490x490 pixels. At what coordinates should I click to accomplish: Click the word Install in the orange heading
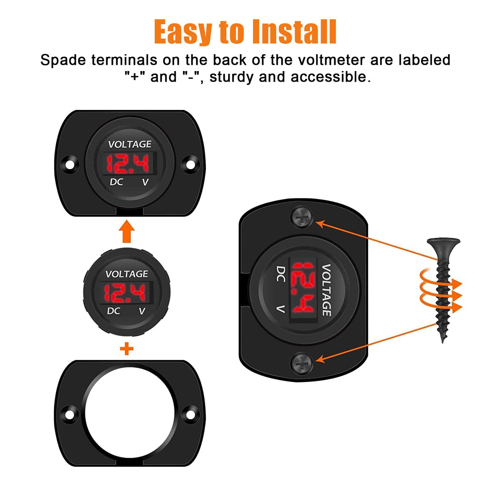[295, 32]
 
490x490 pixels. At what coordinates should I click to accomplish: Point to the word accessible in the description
[330, 77]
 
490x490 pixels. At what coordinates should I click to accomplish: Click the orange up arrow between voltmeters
[127, 231]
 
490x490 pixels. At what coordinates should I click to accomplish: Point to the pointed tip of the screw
[443, 342]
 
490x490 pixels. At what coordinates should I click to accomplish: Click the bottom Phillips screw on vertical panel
[302, 363]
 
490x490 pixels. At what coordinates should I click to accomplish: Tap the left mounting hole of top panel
[69, 165]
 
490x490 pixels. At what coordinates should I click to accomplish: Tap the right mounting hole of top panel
[190, 165]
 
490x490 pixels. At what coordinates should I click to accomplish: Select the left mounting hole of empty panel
[69, 415]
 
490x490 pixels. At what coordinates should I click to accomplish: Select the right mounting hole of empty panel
[190, 415]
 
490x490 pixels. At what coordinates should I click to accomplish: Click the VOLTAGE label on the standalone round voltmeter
[127, 274]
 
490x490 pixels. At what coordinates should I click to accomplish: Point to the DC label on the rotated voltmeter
[281, 274]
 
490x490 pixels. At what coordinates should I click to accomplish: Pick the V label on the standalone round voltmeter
[142, 311]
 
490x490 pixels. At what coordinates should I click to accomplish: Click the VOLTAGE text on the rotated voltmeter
[327, 290]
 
